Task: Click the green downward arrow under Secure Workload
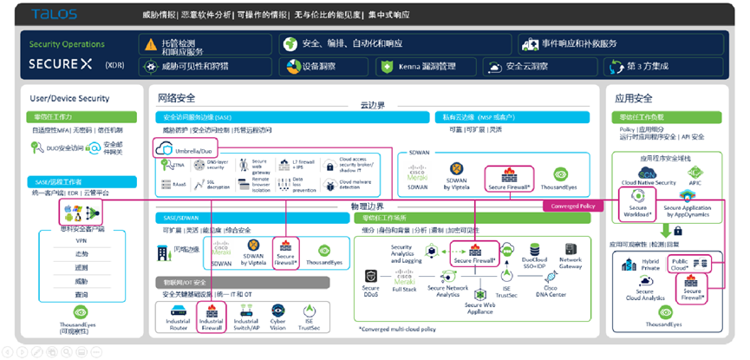tap(665, 230)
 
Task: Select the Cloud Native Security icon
tap(642, 172)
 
